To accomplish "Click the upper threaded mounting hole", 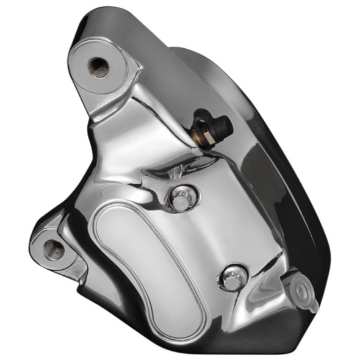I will point(98,66).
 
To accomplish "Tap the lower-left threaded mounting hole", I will point(54,247).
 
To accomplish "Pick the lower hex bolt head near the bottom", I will point(232,278).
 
